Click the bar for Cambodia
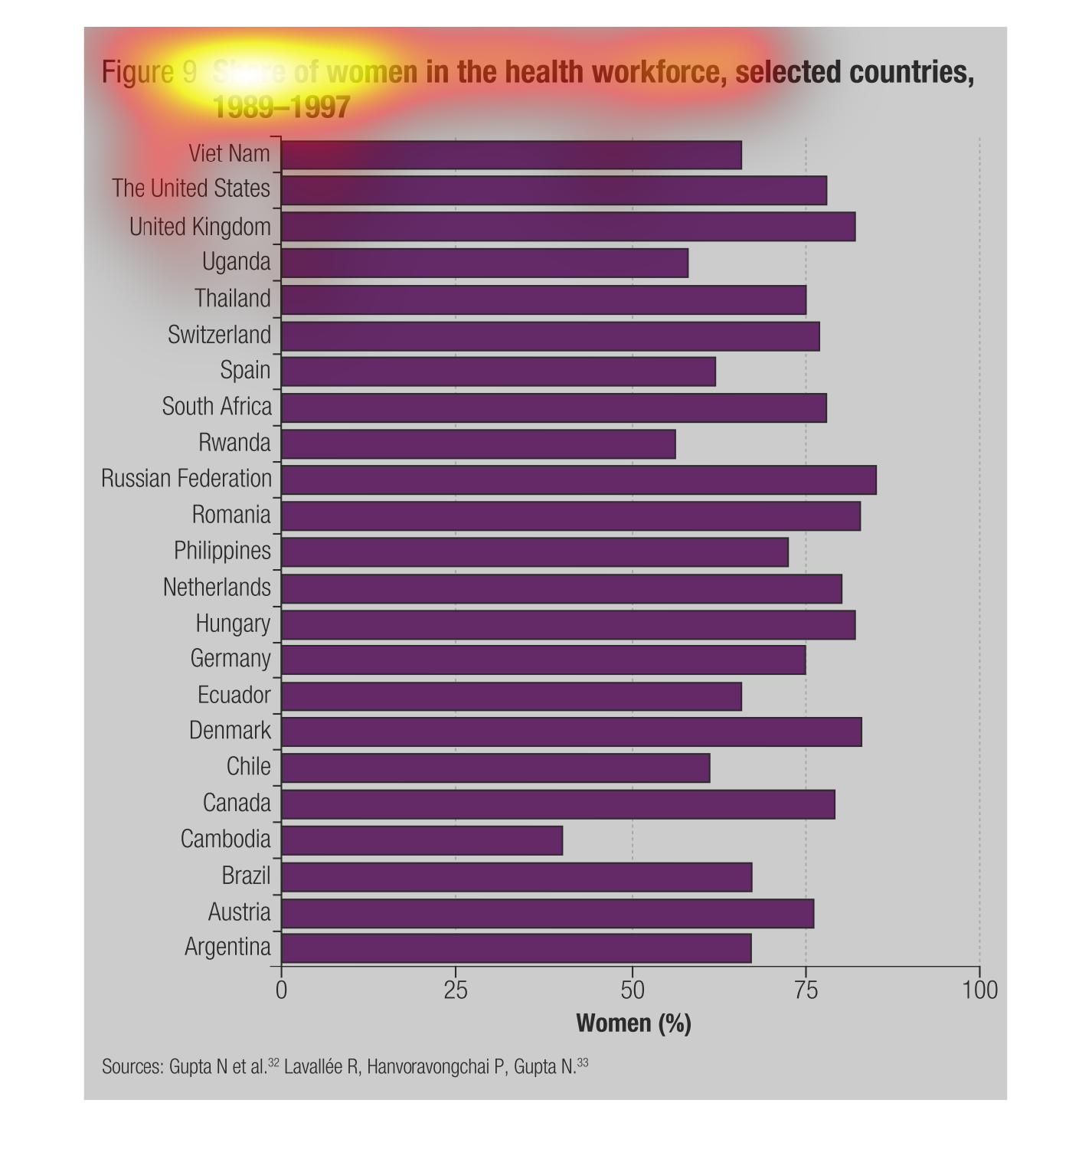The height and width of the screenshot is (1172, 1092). [422, 840]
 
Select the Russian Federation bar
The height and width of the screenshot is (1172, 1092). [579, 480]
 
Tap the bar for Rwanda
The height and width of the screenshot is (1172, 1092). [479, 444]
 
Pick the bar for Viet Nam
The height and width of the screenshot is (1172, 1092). [512, 155]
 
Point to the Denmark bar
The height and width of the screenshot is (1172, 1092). [571, 732]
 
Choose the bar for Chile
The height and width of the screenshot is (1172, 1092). [495, 768]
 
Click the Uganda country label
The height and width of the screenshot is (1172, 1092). [236, 262]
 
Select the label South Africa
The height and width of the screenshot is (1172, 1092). [217, 406]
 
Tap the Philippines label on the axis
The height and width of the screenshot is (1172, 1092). [222, 551]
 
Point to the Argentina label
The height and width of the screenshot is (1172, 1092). [227, 948]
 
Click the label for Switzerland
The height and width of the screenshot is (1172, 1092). [219, 335]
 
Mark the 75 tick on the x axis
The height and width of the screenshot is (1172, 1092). [806, 990]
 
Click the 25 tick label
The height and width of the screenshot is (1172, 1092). [456, 990]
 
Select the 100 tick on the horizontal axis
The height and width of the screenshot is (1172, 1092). [980, 990]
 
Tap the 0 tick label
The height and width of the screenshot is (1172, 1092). [281, 990]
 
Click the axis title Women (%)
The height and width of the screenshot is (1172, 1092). [633, 1023]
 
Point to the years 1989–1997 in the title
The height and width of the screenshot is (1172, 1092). [281, 107]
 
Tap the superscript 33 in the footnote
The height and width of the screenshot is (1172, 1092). [583, 1062]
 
